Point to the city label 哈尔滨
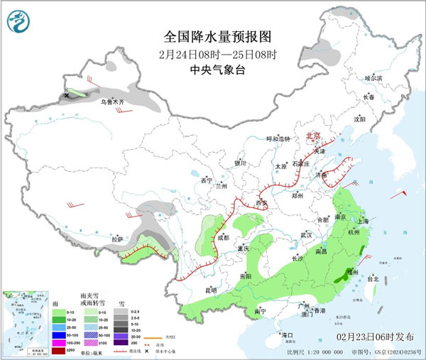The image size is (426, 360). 373,77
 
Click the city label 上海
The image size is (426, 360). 364,221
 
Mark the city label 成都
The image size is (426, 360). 224,238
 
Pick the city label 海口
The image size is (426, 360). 287,334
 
